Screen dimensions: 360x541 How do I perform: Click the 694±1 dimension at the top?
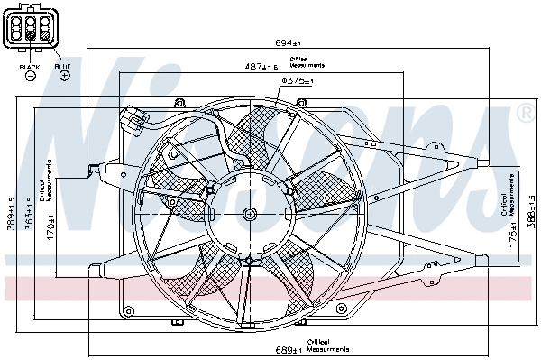tap(288, 43)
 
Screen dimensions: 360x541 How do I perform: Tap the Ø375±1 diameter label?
tap(297, 81)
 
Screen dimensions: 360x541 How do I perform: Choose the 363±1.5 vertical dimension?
tap(29, 215)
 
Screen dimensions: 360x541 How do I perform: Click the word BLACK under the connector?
tap(30, 66)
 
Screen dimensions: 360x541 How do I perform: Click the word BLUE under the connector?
tap(63, 66)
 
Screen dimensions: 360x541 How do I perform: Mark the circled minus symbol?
tap(30, 77)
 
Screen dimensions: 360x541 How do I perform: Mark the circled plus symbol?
tap(64, 77)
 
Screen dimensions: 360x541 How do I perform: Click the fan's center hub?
tap(249, 214)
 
